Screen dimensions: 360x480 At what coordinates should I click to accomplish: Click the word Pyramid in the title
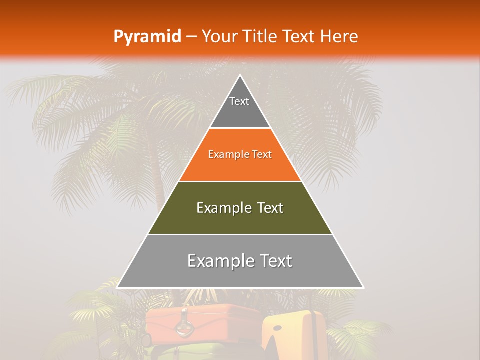(147, 37)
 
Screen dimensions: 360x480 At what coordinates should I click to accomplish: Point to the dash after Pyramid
(191, 37)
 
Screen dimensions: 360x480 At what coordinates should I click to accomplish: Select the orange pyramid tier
(240, 165)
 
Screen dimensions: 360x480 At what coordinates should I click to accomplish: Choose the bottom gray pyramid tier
(240, 272)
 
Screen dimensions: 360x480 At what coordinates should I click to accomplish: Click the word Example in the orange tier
(224, 154)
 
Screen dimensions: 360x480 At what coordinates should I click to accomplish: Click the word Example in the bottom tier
(219, 261)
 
